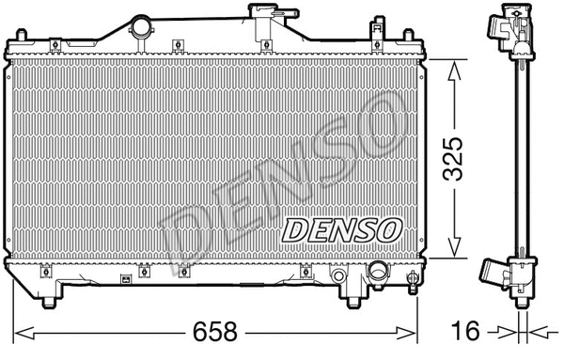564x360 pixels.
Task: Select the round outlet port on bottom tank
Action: tap(379, 274)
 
